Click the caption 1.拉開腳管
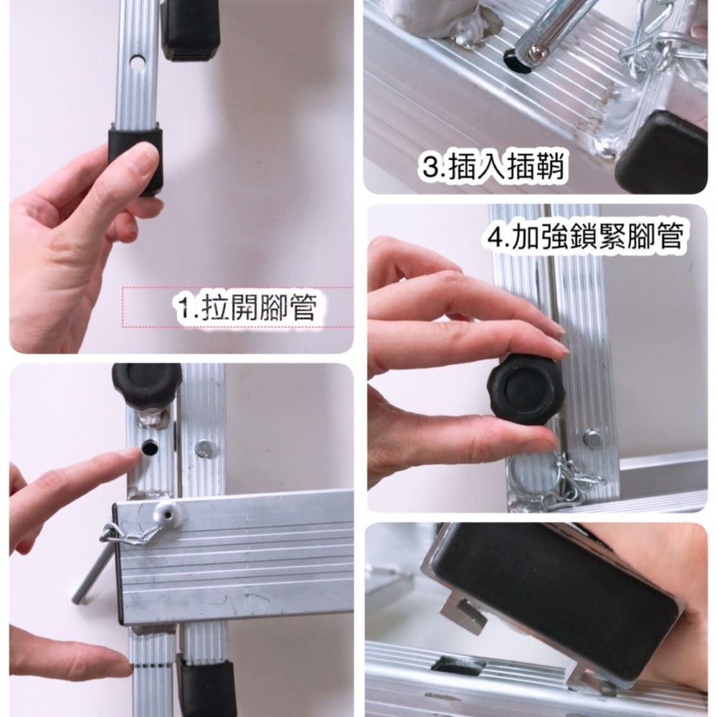coord(247,308)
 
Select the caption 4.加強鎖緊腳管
coord(584,236)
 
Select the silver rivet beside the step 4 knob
coord(592,438)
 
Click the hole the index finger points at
coord(151,450)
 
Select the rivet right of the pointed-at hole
coord(204,449)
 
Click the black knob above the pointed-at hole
coord(147,384)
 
